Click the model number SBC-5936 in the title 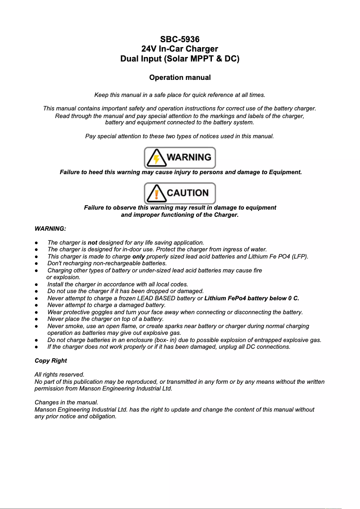(180, 39)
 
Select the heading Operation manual (180, 78)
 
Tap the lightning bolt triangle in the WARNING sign (156, 158)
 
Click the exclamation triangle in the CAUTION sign (156, 193)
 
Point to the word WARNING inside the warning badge (189, 158)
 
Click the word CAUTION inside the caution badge (188, 193)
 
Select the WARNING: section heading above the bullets (50, 229)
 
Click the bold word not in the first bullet (92, 242)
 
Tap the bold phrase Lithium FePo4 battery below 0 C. (251, 298)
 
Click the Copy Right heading (51, 360)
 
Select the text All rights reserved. (59, 374)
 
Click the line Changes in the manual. (66, 402)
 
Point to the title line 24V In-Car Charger (180, 49)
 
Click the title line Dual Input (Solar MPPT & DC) (180, 59)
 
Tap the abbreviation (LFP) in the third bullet (299, 256)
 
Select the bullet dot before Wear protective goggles (36, 312)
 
